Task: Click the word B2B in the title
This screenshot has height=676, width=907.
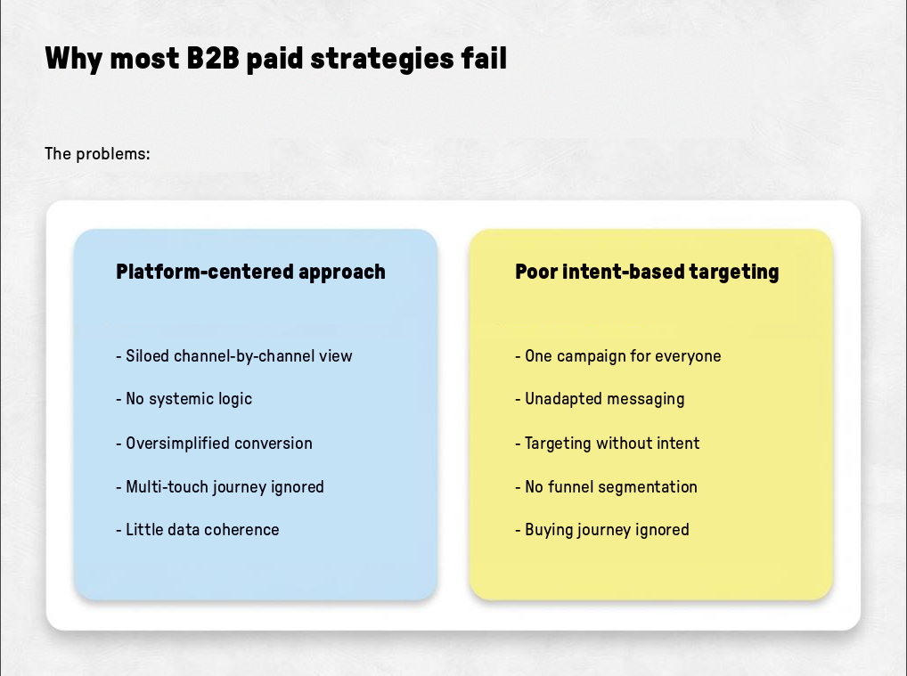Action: (213, 59)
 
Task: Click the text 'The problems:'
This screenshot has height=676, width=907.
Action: (97, 154)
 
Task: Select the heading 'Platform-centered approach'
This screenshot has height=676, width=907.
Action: (250, 272)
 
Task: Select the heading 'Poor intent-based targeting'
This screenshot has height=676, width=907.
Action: (647, 272)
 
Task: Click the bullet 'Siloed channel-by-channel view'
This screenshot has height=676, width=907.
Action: (234, 356)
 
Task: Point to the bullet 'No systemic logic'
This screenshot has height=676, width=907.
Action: (184, 399)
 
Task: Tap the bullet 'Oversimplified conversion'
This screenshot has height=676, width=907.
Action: (214, 443)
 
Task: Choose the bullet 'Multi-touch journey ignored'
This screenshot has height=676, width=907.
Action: (220, 487)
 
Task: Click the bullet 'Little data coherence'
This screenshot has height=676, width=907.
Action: (197, 530)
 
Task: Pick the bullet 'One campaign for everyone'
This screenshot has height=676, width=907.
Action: (617, 356)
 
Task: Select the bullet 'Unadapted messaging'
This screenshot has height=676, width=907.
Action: (600, 399)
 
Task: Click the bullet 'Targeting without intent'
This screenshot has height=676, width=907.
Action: (608, 443)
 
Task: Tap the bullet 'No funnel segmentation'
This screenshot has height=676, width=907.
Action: (606, 487)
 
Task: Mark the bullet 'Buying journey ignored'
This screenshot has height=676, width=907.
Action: (602, 530)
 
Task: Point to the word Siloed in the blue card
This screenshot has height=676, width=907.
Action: (148, 356)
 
